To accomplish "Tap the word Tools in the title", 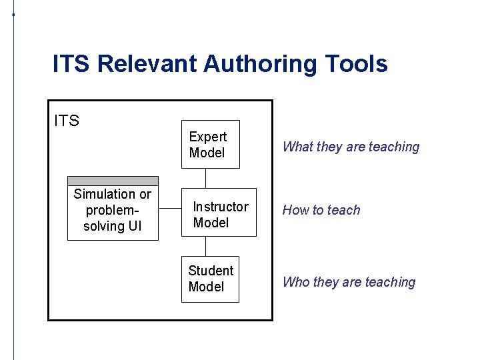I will pyautogui.click(x=356, y=64).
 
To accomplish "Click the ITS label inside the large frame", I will pyautogui.click(x=67, y=121).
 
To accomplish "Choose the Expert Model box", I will pyautogui.click(x=210, y=145).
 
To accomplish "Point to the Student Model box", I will pyautogui.click(x=210, y=279).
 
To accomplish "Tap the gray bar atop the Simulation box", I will pyautogui.click(x=113, y=181).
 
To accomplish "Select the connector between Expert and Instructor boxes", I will pyautogui.click(x=206, y=178).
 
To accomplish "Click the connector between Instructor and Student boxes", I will pyautogui.click(x=206, y=247).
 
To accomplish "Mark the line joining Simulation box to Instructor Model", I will pyautogui.click(x=171, y=207).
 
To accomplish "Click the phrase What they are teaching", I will pyautogui.click(x=351, y=147).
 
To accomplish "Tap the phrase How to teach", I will pyautogui.click(x=321, y=210).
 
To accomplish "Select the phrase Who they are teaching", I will pyautogui.click(x=349, y=282).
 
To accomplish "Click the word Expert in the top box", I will pyautogui.click(x=208, y=137).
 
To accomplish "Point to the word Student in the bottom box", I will pyautogui.click(x=211, y=271).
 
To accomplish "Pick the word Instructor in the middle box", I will pyautogui.click(x=221, y=207).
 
